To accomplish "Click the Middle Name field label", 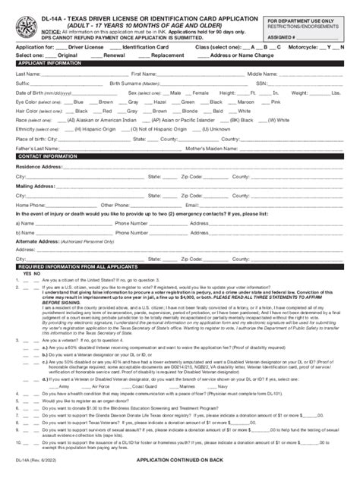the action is click(x=264, y=74).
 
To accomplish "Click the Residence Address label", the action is click(x=39, y=165).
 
